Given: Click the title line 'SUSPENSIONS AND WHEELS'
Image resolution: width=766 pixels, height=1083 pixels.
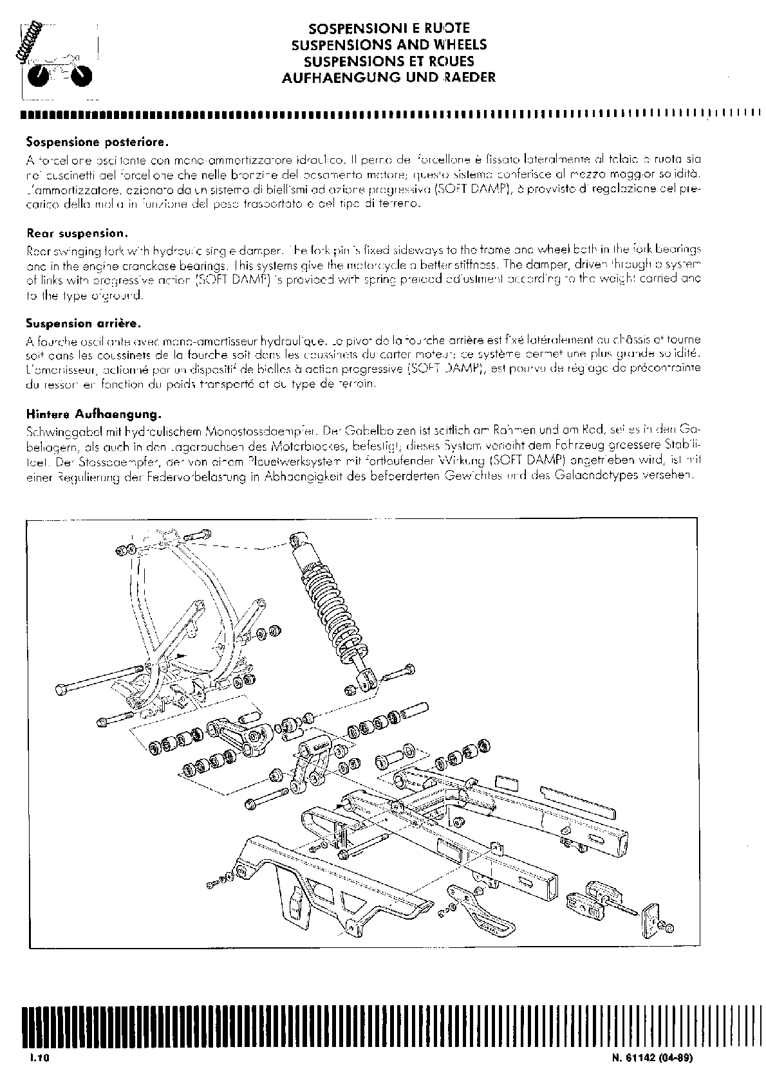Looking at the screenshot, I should pos(389,45).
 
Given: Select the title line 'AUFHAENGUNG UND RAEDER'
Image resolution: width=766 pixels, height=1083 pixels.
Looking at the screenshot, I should pos(389,77).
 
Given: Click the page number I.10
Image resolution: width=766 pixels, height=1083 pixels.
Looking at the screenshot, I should pos(39,1059).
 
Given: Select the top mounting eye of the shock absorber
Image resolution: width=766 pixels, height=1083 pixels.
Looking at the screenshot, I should pos(297,538).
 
